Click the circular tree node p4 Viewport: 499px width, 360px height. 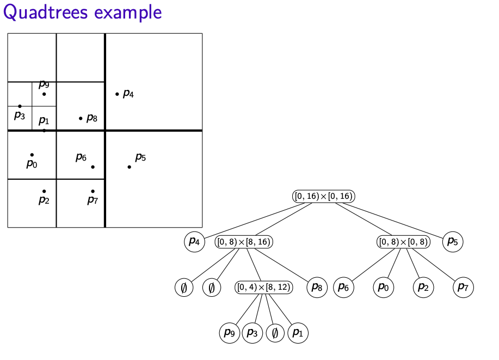[x=194, y=241]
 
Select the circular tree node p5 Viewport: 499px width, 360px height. [x=453, y=241]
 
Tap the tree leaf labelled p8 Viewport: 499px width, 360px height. [x=317, y=287]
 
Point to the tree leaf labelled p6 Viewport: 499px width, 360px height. [x=343, y=287]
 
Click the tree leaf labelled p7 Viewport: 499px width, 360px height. [x=463, y=287]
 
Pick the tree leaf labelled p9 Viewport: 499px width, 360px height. [x=230, y=332]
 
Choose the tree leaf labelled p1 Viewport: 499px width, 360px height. [x=297, y=332]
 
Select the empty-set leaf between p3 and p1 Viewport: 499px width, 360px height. [x=275, y=332]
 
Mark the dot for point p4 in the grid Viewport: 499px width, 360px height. [x=117, y=94]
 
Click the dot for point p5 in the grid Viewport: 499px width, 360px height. [x=129, y=167]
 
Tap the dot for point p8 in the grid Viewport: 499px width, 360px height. [x=81, y=118]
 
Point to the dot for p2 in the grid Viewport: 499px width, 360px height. [x=44, y=191]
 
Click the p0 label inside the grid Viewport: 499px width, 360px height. [x=32, y=163]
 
